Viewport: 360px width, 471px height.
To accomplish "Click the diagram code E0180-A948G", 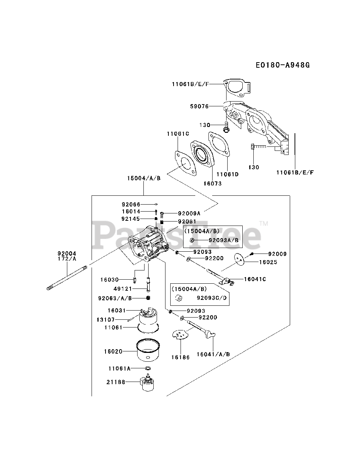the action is click(283, 65).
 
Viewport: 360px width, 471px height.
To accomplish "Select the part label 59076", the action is click(199, 106).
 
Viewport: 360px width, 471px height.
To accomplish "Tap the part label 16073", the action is click(213, 184).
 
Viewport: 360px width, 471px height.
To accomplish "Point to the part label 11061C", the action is click(178, 134).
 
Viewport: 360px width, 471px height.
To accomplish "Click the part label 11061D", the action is click(228, 174).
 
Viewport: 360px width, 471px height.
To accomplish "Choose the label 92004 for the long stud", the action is click(67, 254).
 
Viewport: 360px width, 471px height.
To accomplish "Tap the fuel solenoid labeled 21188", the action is click(147, 382).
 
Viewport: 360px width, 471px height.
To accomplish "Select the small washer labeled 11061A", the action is click(148, 368).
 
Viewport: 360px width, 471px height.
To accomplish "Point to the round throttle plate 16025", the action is click(239, 260).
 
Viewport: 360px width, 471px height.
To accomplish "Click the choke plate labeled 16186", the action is click(180, 334).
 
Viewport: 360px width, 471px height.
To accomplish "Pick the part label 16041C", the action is click(255, 279).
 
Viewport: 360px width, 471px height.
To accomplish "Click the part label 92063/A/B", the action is click(115, 298).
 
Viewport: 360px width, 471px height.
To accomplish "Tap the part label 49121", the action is click(123, 289).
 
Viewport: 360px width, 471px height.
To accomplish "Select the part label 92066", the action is click(131, 204).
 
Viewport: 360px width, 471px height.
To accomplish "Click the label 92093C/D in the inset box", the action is click(212, 298).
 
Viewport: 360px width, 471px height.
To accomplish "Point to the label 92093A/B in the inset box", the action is click(224, 240).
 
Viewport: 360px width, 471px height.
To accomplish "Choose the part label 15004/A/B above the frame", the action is click(144, 178).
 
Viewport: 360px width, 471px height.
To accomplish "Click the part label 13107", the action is click(106, 320).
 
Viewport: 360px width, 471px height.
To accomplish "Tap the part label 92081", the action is click(187, 222).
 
